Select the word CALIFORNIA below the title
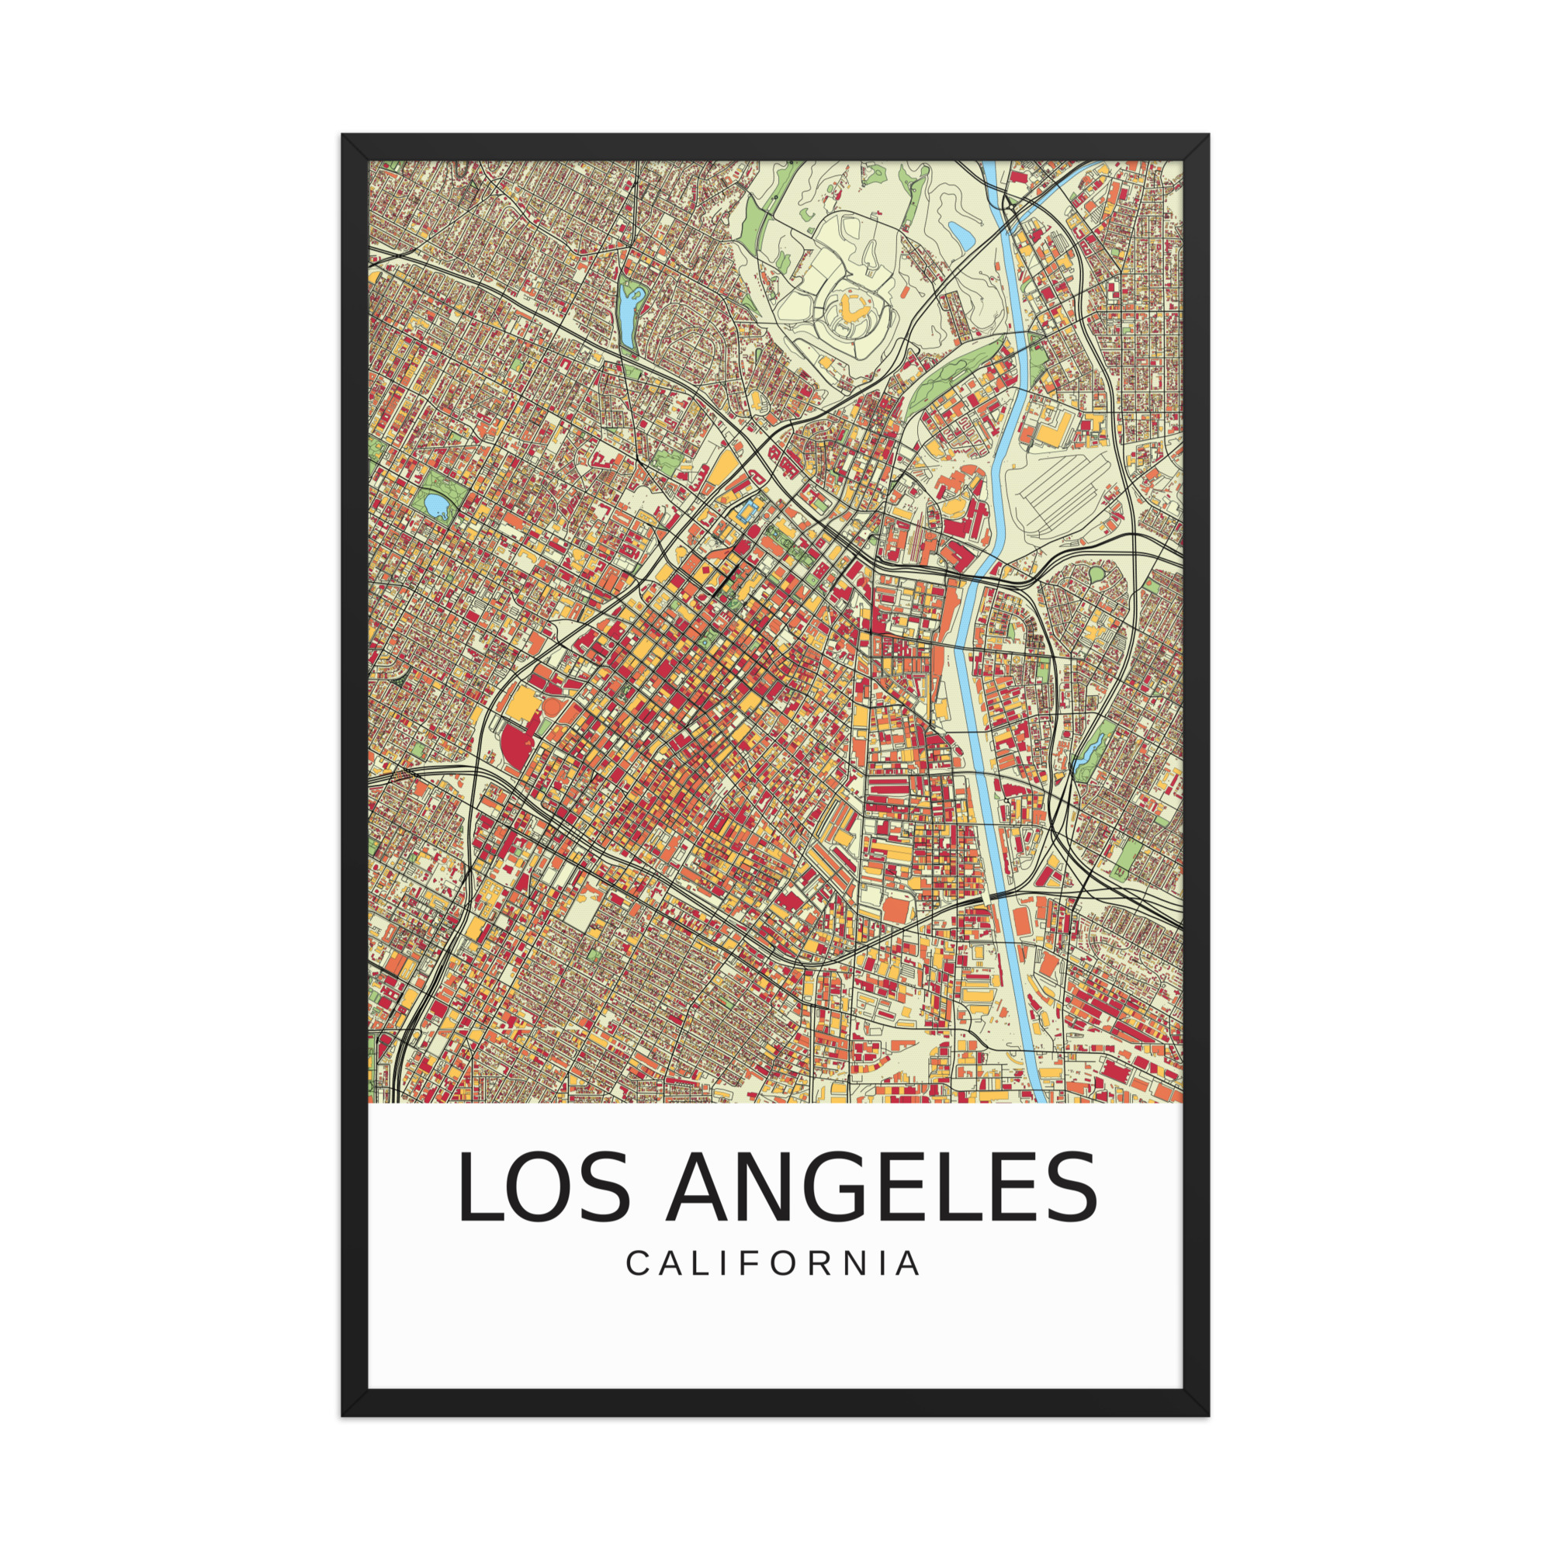pyautogui.click(x=774, y=1263)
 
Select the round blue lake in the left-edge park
pyautogui.click(x=436, y=504)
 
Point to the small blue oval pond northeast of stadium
pyautogui.click(x=961, y=233)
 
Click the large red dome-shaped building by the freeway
pyautogui.click(x=513, y=746)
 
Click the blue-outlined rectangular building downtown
pyautogui.click(x=750, y=508)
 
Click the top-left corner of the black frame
pyautogui.click(x=343, y=135)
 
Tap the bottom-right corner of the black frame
pyautogui.click(x=1207, y=1415)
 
